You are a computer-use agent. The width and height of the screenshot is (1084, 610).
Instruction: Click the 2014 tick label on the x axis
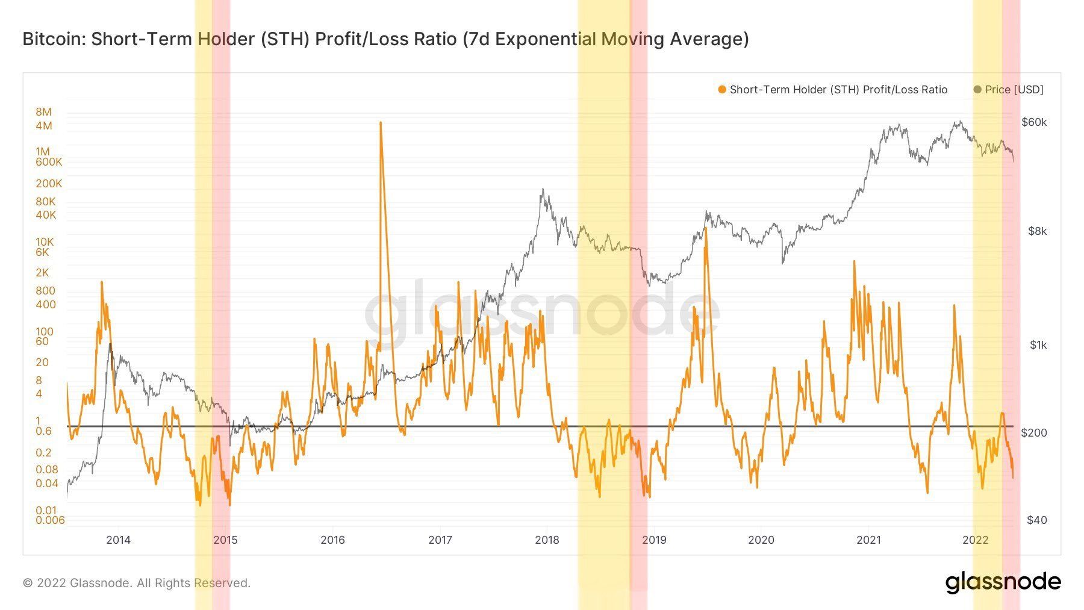coord(118,540)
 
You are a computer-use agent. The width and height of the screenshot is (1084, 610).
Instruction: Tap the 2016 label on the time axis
coord(332,540)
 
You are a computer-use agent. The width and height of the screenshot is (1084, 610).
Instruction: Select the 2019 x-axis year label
coord(654,540)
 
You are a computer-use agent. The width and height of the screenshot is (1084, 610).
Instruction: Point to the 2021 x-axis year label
coord(868,540)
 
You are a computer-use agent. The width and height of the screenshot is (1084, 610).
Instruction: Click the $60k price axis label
coord(1034,122)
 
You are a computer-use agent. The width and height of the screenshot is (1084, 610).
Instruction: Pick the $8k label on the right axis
coord(1037,231)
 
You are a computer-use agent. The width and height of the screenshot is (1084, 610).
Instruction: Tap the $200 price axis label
coord(1034,432)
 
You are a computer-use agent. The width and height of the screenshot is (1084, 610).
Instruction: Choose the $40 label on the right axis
coord(1036,520)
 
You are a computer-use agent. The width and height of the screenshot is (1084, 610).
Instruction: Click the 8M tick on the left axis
coord(43,112)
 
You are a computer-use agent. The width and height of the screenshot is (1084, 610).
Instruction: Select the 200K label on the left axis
coord(49,184)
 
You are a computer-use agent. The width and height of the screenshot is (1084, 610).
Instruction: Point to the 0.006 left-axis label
coord(50,520)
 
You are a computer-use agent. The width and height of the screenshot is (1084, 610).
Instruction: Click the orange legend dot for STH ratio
coord(722,90)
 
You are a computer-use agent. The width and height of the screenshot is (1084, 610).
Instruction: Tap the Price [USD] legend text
coord(1014,90)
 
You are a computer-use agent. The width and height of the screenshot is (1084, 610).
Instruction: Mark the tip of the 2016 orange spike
coord(381,123)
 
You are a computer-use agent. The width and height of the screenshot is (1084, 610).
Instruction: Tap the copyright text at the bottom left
coord(137,583)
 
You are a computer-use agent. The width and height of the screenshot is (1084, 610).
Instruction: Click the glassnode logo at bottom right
coord(1003,582)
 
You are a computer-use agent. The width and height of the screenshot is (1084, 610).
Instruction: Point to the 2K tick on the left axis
coord(42,273)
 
